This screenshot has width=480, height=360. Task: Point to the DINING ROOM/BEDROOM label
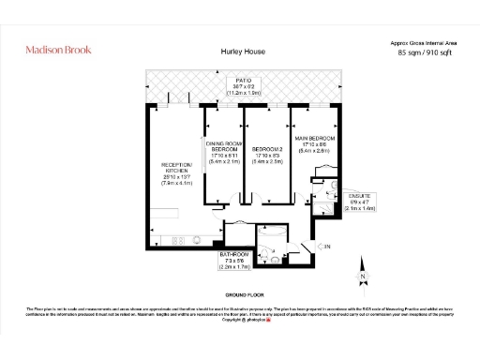click(x=223, y=146)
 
